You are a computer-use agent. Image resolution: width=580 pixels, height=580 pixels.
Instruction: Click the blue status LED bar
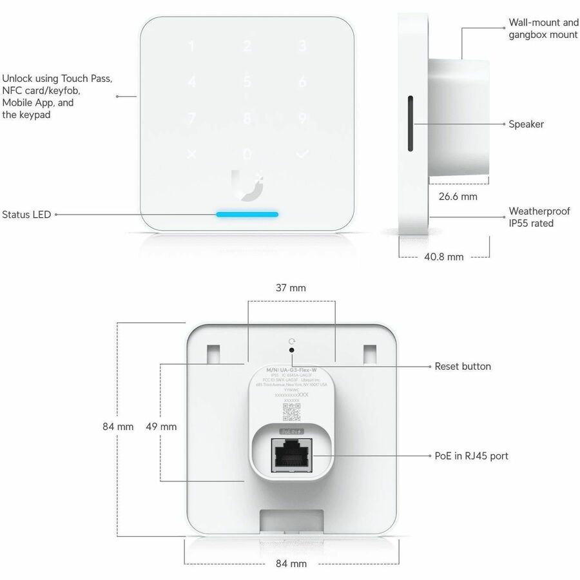(x=247, y=214)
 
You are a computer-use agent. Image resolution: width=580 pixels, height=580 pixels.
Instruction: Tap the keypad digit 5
(x=247, y=82)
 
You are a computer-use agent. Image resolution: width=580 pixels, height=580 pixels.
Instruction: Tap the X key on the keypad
(x=191, y=155)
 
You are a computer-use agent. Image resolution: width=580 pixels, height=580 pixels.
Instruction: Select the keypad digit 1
(x=191, y=46)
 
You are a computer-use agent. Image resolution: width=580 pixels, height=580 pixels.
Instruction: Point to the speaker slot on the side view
(x=409, y=124)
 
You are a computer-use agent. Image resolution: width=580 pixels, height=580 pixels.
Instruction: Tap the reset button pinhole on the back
(x=292, y=351)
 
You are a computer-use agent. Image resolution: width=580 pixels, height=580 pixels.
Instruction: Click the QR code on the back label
(x=291, y=411)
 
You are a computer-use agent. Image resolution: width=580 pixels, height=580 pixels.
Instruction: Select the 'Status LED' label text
(x=26, y=215)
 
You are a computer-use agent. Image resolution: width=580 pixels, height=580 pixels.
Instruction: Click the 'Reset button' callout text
(x=463, y=366)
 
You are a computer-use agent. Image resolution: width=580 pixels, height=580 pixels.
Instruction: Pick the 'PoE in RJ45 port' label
(x=471, y=456)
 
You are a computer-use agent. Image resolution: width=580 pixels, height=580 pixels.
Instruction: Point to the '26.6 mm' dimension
(x=458, y=196)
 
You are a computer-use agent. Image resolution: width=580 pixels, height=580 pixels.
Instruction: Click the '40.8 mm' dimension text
(x=443, y=256)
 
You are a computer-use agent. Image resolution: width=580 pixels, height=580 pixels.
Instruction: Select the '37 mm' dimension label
(x=291, y=288)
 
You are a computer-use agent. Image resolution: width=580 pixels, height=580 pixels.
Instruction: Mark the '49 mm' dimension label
(x=161, y=426)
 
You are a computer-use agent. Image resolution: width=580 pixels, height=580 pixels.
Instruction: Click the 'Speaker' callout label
(x=526, y=124)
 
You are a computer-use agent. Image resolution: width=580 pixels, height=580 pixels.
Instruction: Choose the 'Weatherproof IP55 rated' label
(x=539, y=217)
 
